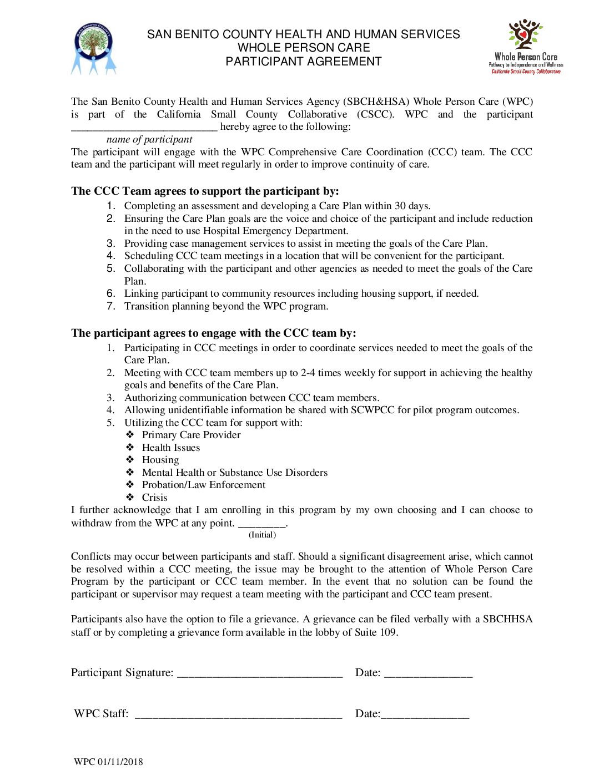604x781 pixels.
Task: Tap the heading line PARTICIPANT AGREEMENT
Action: [x=303, y=62]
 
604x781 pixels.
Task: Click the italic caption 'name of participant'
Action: [x=149, y=139]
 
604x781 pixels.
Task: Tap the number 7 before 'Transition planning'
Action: [x=111, y=306]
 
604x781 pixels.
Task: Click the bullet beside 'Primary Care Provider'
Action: [x=130, y=435]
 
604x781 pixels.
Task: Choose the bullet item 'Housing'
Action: [x=160, y=460]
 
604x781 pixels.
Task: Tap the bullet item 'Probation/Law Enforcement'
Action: [x=204, y=485]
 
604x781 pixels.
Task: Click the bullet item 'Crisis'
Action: [x=154, y=498]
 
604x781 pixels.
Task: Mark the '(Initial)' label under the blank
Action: [x=262, y=535]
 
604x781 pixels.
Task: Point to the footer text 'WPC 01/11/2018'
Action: [x=108, y=762]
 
